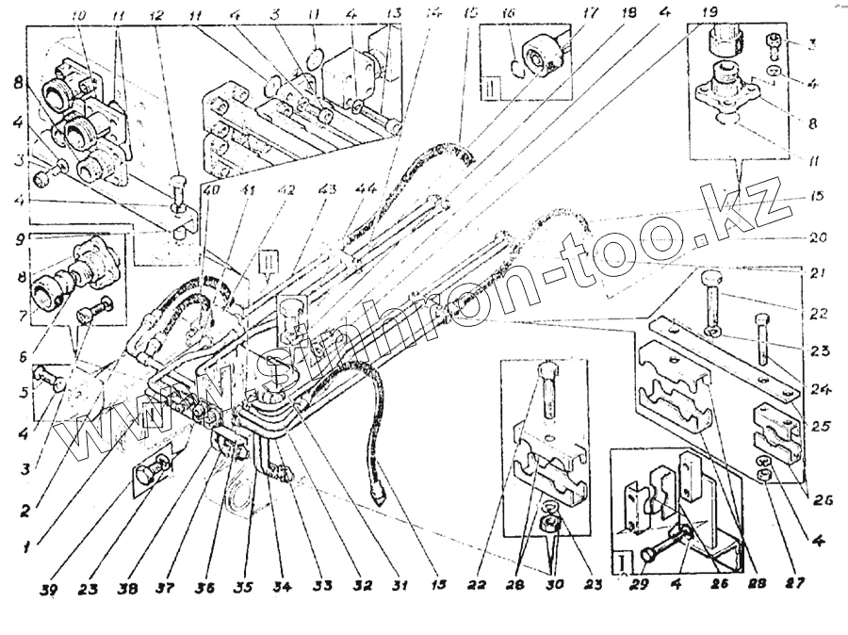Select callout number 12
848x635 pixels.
(x=156, y=16)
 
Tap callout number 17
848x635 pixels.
(x=564, y=15)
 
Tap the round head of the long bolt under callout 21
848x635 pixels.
(x=712, y=280)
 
